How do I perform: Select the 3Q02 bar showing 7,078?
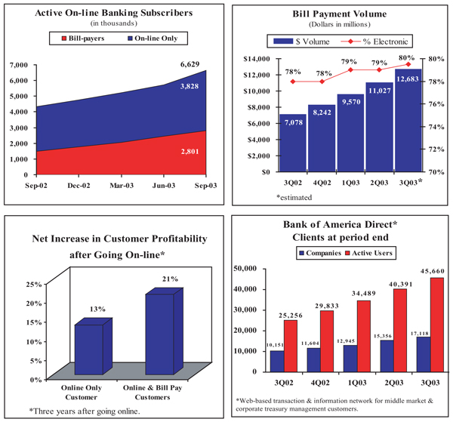(293, 143)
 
